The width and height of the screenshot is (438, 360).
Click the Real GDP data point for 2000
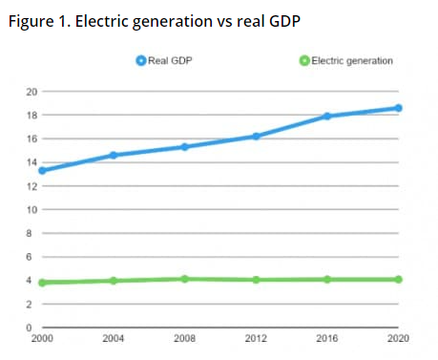coord(43,170)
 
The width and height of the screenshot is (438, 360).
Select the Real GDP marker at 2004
coord(114,155)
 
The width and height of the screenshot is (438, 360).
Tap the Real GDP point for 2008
coord(184,147)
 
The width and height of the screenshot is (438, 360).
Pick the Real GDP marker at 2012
coord(256,137)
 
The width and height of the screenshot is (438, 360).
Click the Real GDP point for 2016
coord(326,116)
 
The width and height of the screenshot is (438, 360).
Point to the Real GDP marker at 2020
coord(398,108)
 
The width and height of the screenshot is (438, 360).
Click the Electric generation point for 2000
coord(43,283)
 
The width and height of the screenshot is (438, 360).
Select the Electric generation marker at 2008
coord(184,279)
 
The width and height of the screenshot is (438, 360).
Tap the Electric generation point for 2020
coord(398,280)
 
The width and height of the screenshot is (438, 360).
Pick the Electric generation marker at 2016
coord(326,280)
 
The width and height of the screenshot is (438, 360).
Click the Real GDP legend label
coord(172,61)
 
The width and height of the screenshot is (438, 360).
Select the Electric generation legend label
coord(352,61)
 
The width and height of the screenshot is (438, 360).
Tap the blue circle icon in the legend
coord(141,61)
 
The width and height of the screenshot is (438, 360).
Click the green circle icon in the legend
coord(304,61)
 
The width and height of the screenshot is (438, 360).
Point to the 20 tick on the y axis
coord(31,92)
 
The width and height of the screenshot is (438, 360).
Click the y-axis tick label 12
coord(31,186)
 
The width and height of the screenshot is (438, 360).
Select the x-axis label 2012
coord(256,339)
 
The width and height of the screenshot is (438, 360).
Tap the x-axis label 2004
coord(114,339)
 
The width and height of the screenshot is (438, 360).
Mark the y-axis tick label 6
coord(32,257)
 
